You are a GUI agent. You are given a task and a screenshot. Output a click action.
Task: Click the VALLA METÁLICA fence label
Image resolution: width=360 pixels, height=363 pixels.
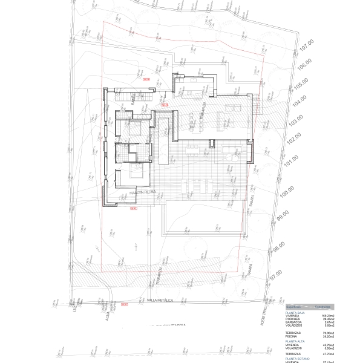pyautogui.click(x=160, y=300)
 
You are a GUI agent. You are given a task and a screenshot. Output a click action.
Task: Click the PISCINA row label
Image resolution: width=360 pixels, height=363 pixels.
pyautogui.click(x=293, y=336)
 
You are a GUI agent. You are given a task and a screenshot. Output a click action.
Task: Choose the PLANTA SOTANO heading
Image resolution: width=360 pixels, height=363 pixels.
pyautogui.click(x=297, y=360)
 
